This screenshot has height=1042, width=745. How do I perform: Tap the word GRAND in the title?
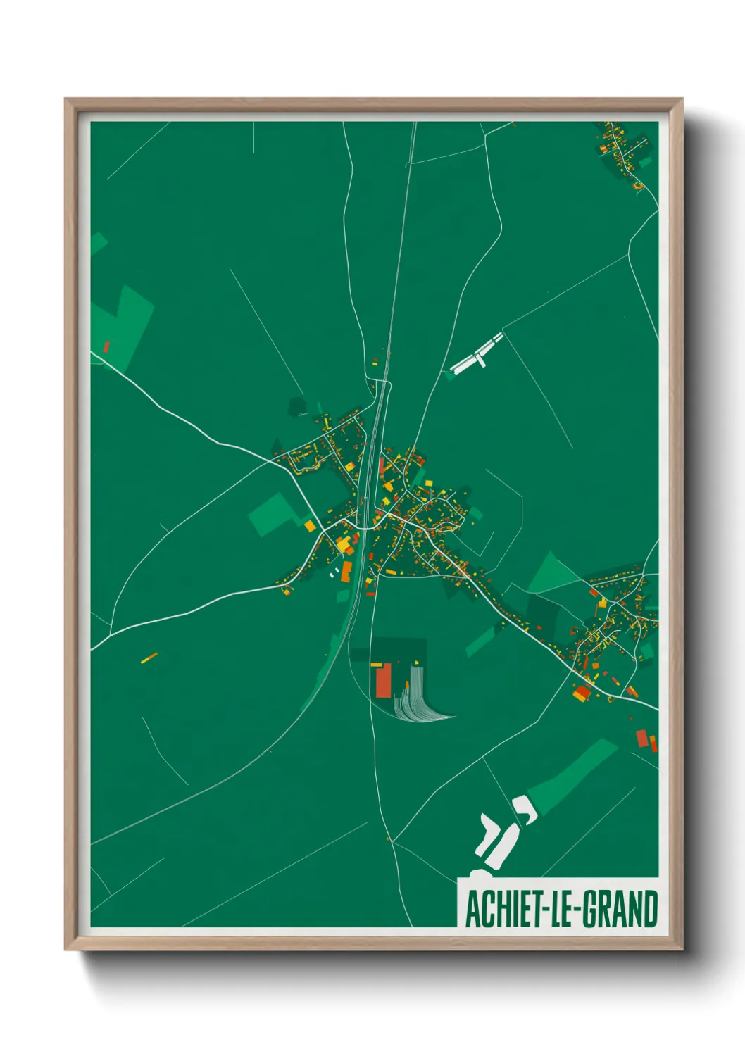click(620, 910)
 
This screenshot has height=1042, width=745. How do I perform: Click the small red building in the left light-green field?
click(107, 346)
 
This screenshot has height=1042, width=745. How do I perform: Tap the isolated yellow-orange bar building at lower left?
click(149, 658)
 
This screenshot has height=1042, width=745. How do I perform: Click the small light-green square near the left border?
click(98, 244)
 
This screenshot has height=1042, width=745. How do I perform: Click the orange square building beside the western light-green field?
click(310, 525)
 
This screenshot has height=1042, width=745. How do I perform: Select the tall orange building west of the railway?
click(346, 570)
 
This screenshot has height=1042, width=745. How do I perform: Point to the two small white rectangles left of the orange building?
click(334, 572)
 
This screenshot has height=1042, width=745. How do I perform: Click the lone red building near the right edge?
click(641, 739)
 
